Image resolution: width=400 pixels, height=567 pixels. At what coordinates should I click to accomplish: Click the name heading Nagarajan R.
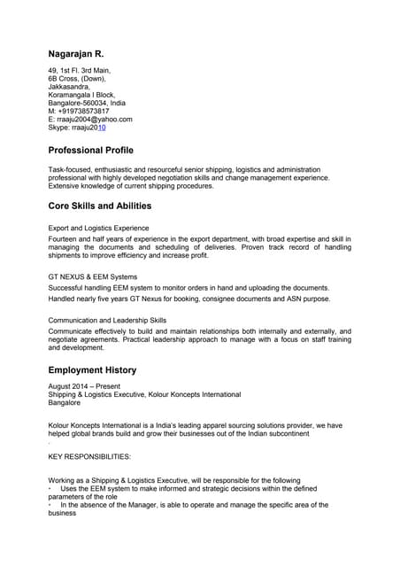pos(81,53)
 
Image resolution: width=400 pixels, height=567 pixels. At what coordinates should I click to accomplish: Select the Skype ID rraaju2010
pos(81,128)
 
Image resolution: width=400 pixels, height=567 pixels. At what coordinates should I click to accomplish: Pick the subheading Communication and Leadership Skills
pos(107,320)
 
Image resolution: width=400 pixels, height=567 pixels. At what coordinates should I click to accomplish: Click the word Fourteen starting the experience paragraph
pos(65,239)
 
